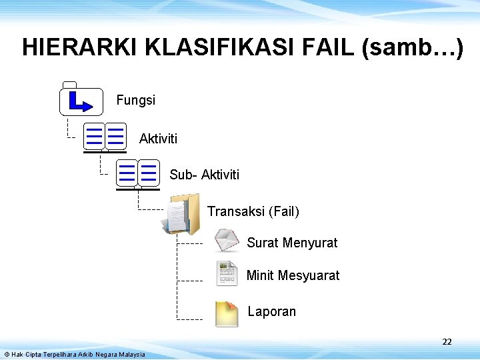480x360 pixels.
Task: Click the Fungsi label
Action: [x=135, y=100]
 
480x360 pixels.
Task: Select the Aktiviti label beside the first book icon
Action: [x=158, y=139]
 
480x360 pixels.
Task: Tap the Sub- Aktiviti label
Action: [x=204, y=175]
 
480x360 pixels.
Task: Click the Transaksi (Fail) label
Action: [x=253, y=211]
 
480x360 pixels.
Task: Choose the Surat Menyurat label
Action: [x=292, y=243]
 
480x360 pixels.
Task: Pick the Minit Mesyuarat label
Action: [x=293, y=275]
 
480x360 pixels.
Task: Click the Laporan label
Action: [x=272, y=311]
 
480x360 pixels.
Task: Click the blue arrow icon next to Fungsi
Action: [x=81, y=101]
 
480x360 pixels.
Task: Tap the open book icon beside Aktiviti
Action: [x=105, y=137]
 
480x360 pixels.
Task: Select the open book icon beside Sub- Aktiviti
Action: [x=137, y=173]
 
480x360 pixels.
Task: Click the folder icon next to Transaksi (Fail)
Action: [x=181, y=213]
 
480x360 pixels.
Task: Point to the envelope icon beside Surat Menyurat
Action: [x=227, y=241]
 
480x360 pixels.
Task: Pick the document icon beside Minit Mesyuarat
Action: [x=227, y=273]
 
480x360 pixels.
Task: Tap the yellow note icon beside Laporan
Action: [x=227, y=313]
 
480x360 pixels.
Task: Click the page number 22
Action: [x=447, y=342]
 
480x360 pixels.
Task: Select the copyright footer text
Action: [x=74, y=354]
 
